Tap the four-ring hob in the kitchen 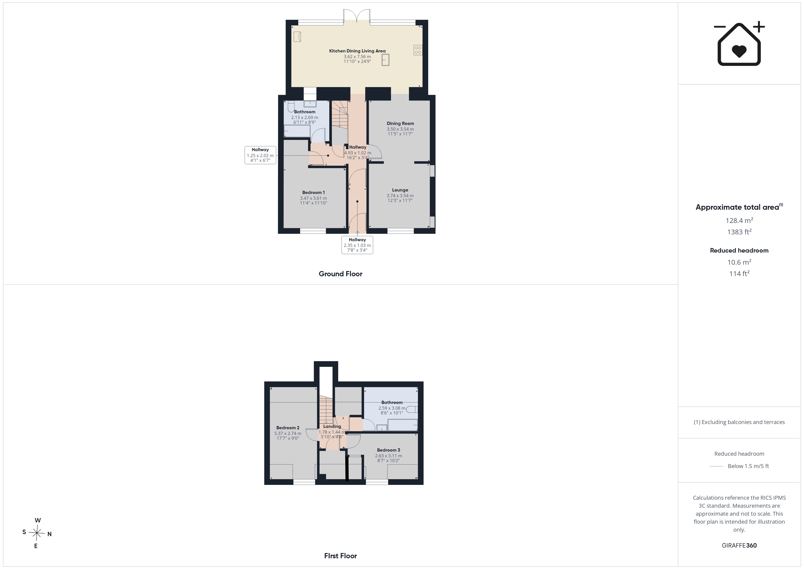(x=418, y=50)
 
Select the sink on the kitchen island (x=385, y=60)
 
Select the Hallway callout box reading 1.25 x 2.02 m (x=260, y=155)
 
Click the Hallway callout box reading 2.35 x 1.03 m (x=357, y=245)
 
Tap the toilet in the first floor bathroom (x=412, y=409)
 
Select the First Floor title (x=340, y=556)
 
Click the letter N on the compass (x=49, y=534)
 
